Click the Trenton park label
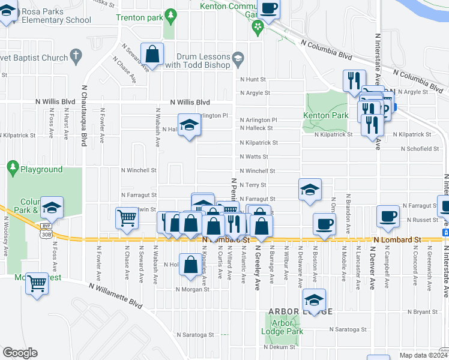139,17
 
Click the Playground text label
41,170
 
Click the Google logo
20,352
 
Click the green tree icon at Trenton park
171,14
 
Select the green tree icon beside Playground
13,166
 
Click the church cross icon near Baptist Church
76,56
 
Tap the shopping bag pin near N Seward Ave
152,55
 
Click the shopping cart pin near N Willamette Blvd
37,281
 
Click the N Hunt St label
253,79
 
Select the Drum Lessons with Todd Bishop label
198,61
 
